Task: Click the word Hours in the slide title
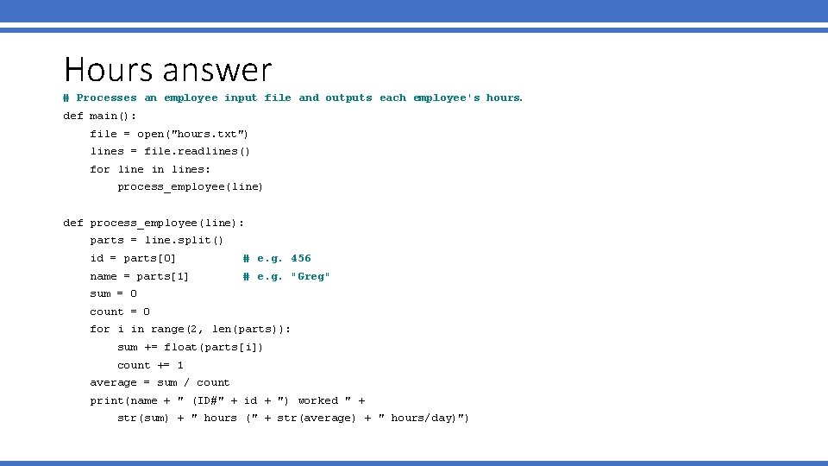[x=108, y=70]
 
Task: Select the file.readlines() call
[x=198, y=151]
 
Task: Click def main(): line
[x=100, y=116]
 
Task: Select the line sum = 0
[x=113, y=293]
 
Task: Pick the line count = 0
[x=120, y=312]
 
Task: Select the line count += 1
[x=150, y=365]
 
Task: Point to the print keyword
[x=107, y=400]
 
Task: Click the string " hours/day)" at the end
[x=423, y=419]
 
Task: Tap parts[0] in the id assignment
[x=150, y=258]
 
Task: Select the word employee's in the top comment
[x=446, y=98]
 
